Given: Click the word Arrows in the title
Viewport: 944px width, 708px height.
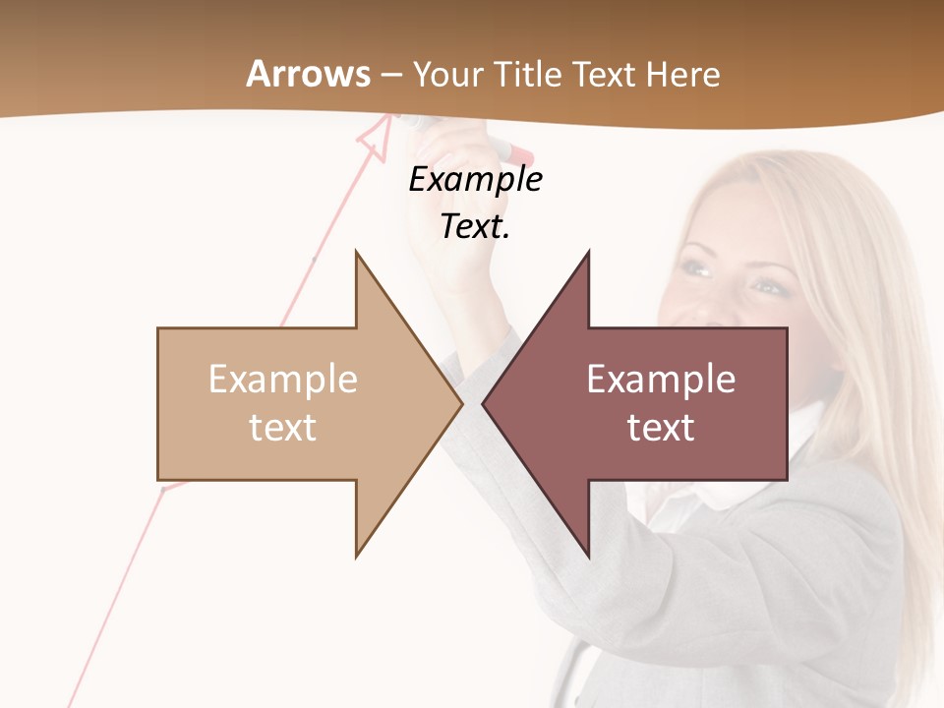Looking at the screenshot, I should point(309,74).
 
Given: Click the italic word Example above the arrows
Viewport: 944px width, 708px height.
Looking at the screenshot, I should point(475,180).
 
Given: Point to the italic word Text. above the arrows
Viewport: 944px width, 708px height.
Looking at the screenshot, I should point(475,227).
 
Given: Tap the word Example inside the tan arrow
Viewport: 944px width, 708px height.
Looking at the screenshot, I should point(282,380).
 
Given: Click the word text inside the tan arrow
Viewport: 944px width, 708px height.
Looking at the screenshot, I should point(282,428).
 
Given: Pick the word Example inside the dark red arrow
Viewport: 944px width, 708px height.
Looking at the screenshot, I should point(661,380).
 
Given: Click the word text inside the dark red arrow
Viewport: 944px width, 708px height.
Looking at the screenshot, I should point(661,428).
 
